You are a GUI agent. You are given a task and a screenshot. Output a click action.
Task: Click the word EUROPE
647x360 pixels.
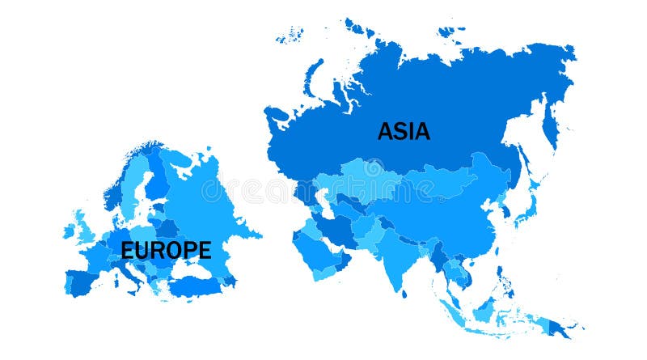(x=166, y=250)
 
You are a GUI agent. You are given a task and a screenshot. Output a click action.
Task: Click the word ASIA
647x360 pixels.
(x=404, y=130)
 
